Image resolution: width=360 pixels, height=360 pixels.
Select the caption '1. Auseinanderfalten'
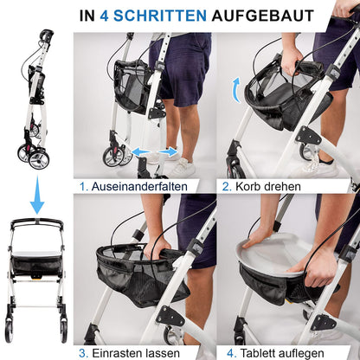click(144, 185)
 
